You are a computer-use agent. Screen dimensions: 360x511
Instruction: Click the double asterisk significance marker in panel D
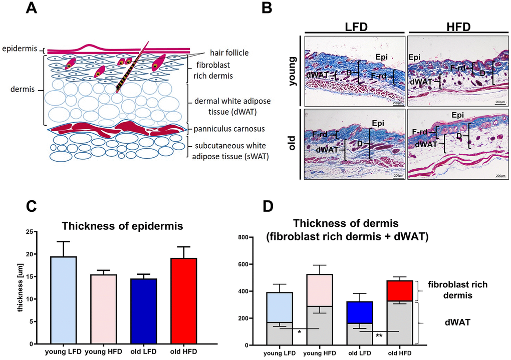click(x=379, y=335)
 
